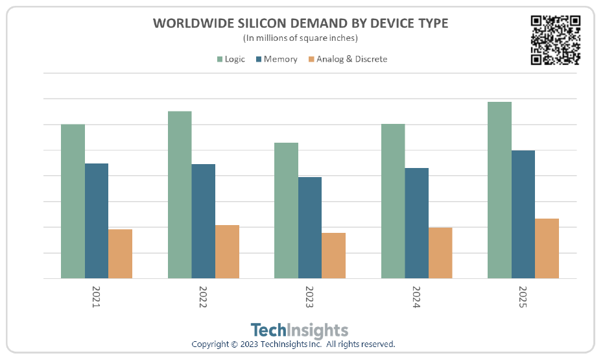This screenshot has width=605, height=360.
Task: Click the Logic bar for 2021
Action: pyautogui.click(x=73, y=201)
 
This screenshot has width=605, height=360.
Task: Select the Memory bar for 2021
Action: pyautogui.click(x=97, y=221)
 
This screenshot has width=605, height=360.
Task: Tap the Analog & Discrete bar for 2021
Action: pyautogui.click(x=120, y=254)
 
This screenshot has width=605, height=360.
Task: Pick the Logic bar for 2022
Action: pyautogui.click(x=180, y=195)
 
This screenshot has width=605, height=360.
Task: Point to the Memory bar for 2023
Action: pyautogui.click(x=310, y=228)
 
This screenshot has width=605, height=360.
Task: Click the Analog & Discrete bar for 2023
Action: pyautogui.click(x=333, y=256)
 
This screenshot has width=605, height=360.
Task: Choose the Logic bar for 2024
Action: pyautogui.click(x=393, y=201)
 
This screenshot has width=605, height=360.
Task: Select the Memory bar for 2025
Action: pyautogui.click(x=523, y=214)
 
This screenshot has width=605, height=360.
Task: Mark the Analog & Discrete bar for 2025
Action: pyautogui.click(x=547, y=248)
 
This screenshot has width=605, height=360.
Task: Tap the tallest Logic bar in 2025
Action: pyautogui.click(x=499, y=190)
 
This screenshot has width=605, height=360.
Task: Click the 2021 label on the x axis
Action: pyautogui.click(x=96, y=296)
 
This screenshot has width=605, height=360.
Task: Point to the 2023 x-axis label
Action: pyautogui.click(x=309, y=296)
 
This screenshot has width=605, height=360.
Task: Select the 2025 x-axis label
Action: pyautogui.click(x=523, y=296)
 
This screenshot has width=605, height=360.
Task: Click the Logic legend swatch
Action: pyautogui.click(x=220, y=60)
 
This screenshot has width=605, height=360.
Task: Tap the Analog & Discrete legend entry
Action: pyautogui.click(x=351, y=59)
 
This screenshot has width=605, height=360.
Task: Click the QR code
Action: pyautogui.click(x=555, y=40)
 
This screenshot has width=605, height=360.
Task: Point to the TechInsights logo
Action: pyautogui.click(x=299, y=330)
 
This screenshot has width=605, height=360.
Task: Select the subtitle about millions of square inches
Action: pyautogui.click(x=300, y=38)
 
